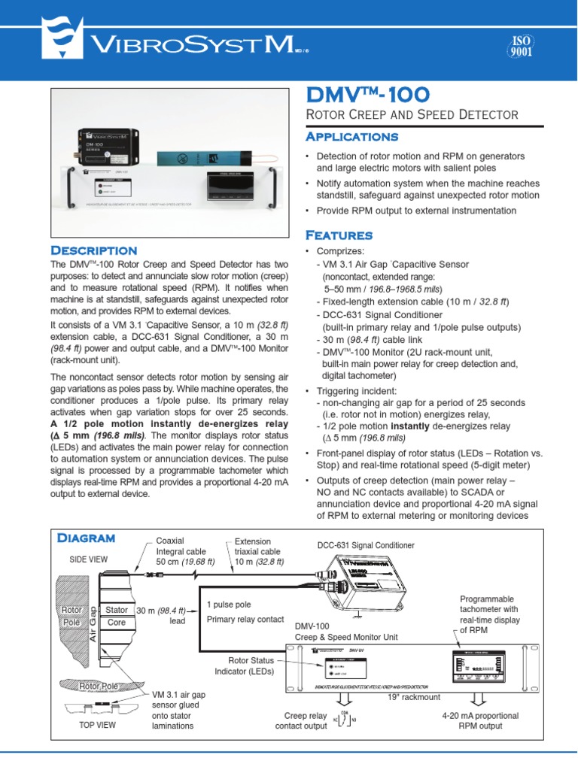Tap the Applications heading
coord(350,137)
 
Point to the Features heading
coord(338,235)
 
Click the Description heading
coord(93,250)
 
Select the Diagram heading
coord(86,538)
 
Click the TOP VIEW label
coord(98,726)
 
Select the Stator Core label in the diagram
coord(117,616)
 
